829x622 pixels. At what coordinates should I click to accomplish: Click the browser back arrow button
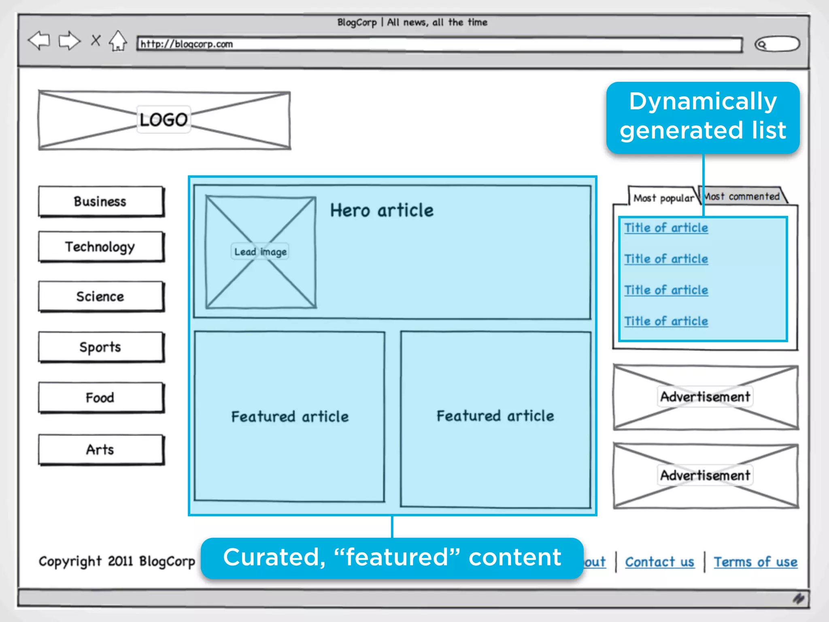(39, 40)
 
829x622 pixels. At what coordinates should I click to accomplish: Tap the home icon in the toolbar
(118, 41)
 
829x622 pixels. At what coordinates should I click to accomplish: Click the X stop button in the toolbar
(96, 40)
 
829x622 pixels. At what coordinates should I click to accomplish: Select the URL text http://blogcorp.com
(187, 44)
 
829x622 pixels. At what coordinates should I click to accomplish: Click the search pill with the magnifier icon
(777, 44)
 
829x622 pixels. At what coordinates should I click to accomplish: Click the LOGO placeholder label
(164, 120)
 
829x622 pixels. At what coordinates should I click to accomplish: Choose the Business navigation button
(101, 201)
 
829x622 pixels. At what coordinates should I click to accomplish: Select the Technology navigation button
(101, 247)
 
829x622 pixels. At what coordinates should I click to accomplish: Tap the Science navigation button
(101, 296)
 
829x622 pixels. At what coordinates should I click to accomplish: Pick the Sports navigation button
(101, 347)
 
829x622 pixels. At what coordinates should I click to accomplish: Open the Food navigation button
(101, 398)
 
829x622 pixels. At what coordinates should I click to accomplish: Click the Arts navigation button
(101, 449)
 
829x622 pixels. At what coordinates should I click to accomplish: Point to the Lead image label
(260, 252)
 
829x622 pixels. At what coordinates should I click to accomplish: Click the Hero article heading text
(382, 211)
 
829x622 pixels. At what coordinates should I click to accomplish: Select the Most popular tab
(663, 198)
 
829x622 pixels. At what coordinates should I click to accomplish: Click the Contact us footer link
(660, 562)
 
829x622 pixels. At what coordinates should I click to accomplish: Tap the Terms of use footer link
(755, 562)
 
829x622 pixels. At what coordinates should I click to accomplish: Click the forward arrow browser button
(69, 40)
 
